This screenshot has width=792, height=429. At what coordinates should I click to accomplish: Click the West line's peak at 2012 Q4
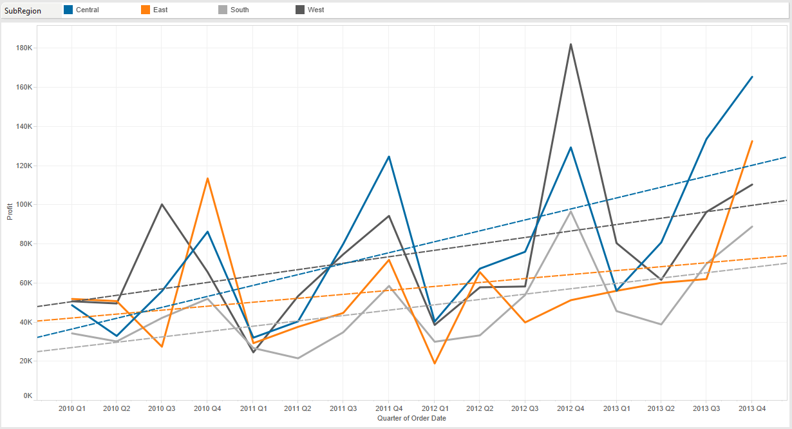pos(570,44)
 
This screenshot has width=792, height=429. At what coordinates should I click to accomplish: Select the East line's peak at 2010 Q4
pos(207,178)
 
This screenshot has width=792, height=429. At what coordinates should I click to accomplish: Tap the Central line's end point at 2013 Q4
pos(752,77)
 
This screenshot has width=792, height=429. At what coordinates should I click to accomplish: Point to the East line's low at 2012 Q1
pos(434,363)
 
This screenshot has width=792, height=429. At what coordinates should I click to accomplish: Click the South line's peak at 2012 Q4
pos(570,211)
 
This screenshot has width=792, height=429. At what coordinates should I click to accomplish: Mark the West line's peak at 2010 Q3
pos(162,204)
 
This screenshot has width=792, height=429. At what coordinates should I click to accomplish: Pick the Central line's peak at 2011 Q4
pos(389,157)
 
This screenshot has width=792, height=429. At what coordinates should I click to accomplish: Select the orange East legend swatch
pos(146,10)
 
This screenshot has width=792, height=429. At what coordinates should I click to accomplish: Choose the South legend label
pos(240,10)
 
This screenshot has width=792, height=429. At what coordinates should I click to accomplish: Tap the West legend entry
pos(316,10)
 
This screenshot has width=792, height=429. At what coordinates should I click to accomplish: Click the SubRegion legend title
pos(23,10)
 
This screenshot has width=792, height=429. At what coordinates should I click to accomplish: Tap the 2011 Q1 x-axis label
pos(252,408)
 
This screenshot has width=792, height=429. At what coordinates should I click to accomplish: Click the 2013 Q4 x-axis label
pos(751,408)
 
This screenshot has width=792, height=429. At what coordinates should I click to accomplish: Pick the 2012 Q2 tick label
pos(480,408)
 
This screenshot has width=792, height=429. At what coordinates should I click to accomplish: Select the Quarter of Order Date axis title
pos(412,418)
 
